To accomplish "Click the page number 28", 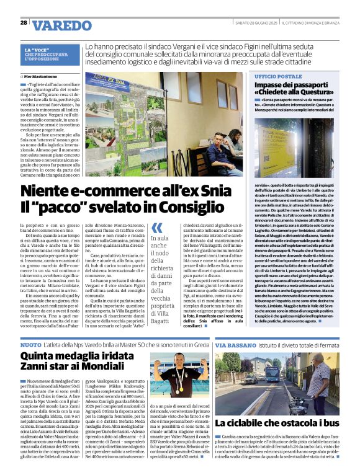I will tap(24, 22).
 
